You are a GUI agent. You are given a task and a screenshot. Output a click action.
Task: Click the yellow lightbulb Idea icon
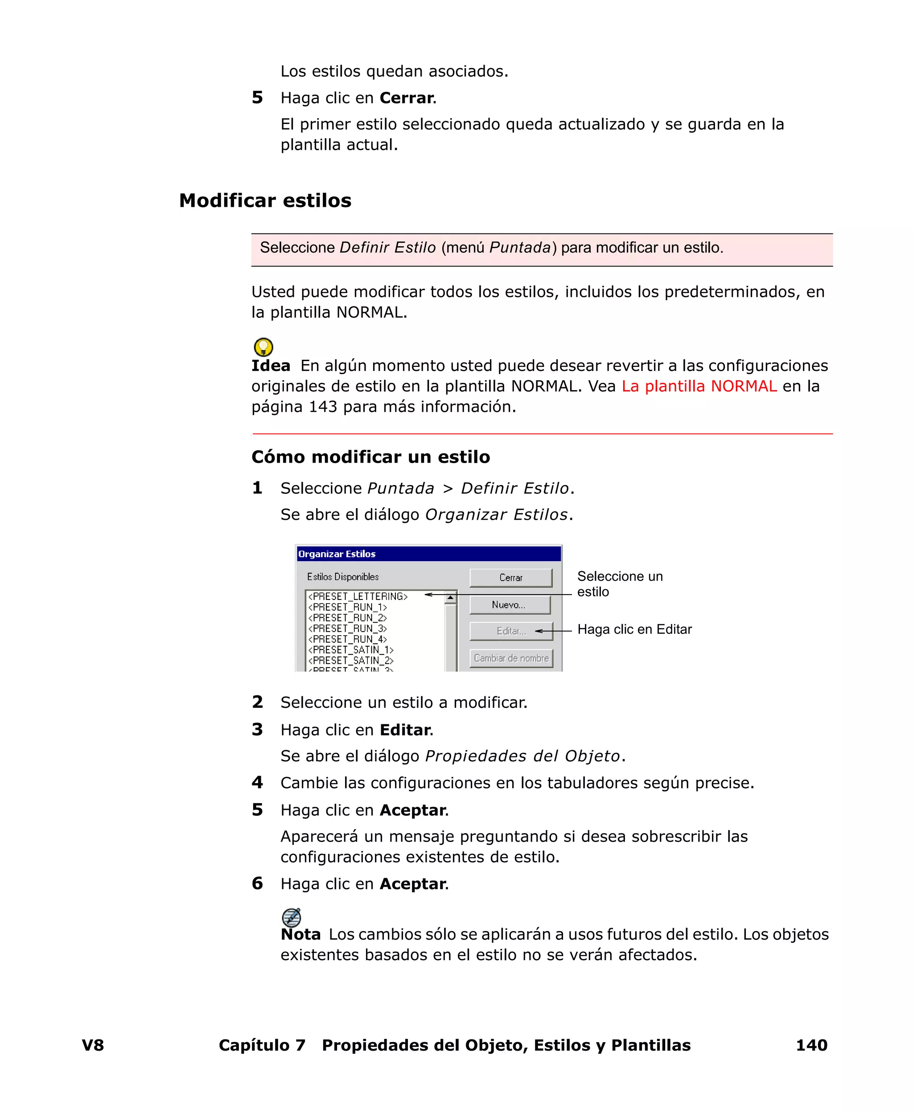263,347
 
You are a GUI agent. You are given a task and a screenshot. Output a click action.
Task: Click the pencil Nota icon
292,917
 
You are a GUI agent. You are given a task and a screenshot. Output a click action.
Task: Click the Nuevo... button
510,604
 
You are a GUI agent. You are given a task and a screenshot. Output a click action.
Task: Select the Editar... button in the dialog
511,631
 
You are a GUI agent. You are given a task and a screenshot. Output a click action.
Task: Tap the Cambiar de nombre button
511,658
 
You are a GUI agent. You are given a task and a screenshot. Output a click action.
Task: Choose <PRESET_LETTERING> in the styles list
358,596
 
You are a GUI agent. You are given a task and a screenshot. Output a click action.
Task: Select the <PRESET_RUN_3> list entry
348,628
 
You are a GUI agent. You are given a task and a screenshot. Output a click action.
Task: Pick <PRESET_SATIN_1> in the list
351,650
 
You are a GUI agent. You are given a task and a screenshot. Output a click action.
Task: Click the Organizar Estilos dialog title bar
428,554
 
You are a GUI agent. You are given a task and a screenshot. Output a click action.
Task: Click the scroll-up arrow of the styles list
450,598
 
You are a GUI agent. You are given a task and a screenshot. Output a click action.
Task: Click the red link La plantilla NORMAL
699,386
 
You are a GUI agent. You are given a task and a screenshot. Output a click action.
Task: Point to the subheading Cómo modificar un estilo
370,456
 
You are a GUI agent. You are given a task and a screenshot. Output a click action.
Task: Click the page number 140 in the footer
811,1045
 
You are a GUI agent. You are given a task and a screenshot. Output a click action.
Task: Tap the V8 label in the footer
93,1045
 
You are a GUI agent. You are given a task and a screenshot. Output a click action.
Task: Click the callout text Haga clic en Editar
634,629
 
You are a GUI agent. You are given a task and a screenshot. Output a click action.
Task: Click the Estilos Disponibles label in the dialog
343,577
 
